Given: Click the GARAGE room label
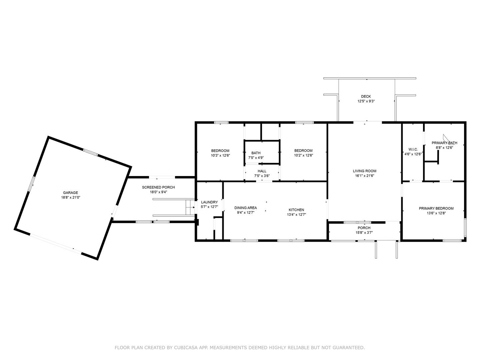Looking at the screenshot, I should [x=70, y=193].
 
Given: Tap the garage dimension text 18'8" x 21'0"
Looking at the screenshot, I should [x=70, y=197].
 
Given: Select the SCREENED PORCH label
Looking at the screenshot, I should [x=158, y=187].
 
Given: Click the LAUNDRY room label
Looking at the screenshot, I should [x=209, y=202].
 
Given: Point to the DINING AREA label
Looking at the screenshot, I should [x=245, y=208].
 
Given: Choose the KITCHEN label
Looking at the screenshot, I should [x=296, y=210].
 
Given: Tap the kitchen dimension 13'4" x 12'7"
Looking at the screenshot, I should [x=296, y=215].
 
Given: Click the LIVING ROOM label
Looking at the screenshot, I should [x=365, y=171].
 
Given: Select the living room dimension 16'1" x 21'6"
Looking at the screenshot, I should [x=365, y=176].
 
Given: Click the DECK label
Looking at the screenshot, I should [x=366, y=97].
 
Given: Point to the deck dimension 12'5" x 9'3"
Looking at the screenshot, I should [x=366, y=101].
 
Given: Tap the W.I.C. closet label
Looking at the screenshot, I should [x=413, y=149].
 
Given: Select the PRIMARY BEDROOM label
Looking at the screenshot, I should [x=441, y=209].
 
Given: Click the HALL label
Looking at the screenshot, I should [x=262, y=171].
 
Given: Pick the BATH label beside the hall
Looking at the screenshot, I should [x=256, y=153].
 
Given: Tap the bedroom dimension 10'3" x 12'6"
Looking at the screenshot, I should [x=220, y=155].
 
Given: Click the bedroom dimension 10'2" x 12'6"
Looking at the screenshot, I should [x=303, y=155].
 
